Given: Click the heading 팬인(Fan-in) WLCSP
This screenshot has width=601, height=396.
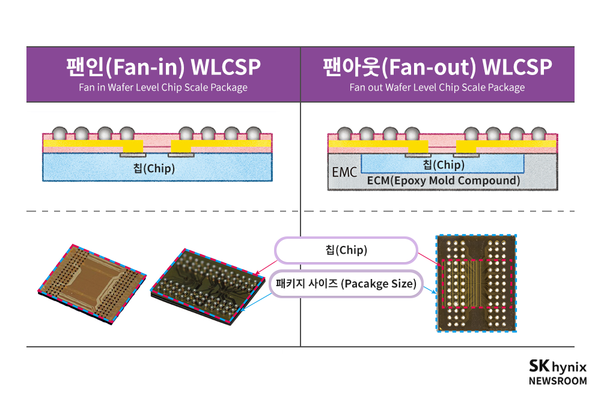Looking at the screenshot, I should click(163, 67).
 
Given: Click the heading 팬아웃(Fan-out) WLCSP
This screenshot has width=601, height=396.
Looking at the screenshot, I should click(437, 67).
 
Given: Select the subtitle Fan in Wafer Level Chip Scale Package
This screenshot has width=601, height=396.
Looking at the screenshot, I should click(163, 88).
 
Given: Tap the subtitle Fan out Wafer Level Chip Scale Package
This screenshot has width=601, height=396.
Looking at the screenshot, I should click(437, 88).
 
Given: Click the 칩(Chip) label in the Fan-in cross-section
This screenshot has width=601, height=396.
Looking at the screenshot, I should click(154, 169).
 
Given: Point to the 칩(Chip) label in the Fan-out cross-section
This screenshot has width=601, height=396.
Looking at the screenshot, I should click(443, 164).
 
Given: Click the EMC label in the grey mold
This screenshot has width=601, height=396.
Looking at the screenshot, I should click(344, 173).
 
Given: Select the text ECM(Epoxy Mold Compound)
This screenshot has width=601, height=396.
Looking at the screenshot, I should click(443, 181).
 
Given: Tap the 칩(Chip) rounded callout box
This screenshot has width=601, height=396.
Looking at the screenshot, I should click(346, 250).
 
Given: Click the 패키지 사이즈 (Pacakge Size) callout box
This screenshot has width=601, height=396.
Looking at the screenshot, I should click(346, 284).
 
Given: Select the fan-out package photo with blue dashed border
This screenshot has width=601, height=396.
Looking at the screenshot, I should click(475, 283).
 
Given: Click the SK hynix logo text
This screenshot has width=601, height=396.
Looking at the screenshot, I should click(557, 367).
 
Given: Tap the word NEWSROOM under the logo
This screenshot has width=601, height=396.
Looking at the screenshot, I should click(557, 380).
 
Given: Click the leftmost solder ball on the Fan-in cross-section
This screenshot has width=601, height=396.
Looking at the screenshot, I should click(60, 133).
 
